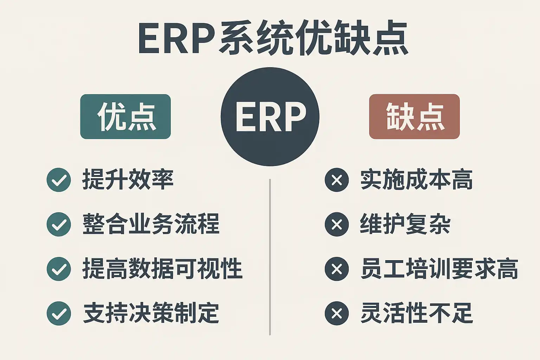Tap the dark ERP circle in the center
point(270,117)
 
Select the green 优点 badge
point(126,117)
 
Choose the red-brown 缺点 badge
point(414,117)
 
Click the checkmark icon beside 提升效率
point(59,180)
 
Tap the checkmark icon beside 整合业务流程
point(59,224)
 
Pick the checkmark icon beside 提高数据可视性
point(59,269)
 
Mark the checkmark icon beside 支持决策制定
point(59,313)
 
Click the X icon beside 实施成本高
point(336,180)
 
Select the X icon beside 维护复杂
point(336,224)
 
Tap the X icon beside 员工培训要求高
point(336,269)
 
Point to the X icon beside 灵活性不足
point(336,313)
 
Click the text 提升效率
point(128,179)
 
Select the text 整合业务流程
point(151,224)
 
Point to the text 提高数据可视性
point(162,269)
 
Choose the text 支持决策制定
point(151,313)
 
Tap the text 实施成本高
point(417,179)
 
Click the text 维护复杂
point(405,224)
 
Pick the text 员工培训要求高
point(439,269)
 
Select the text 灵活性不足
point(417,313)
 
